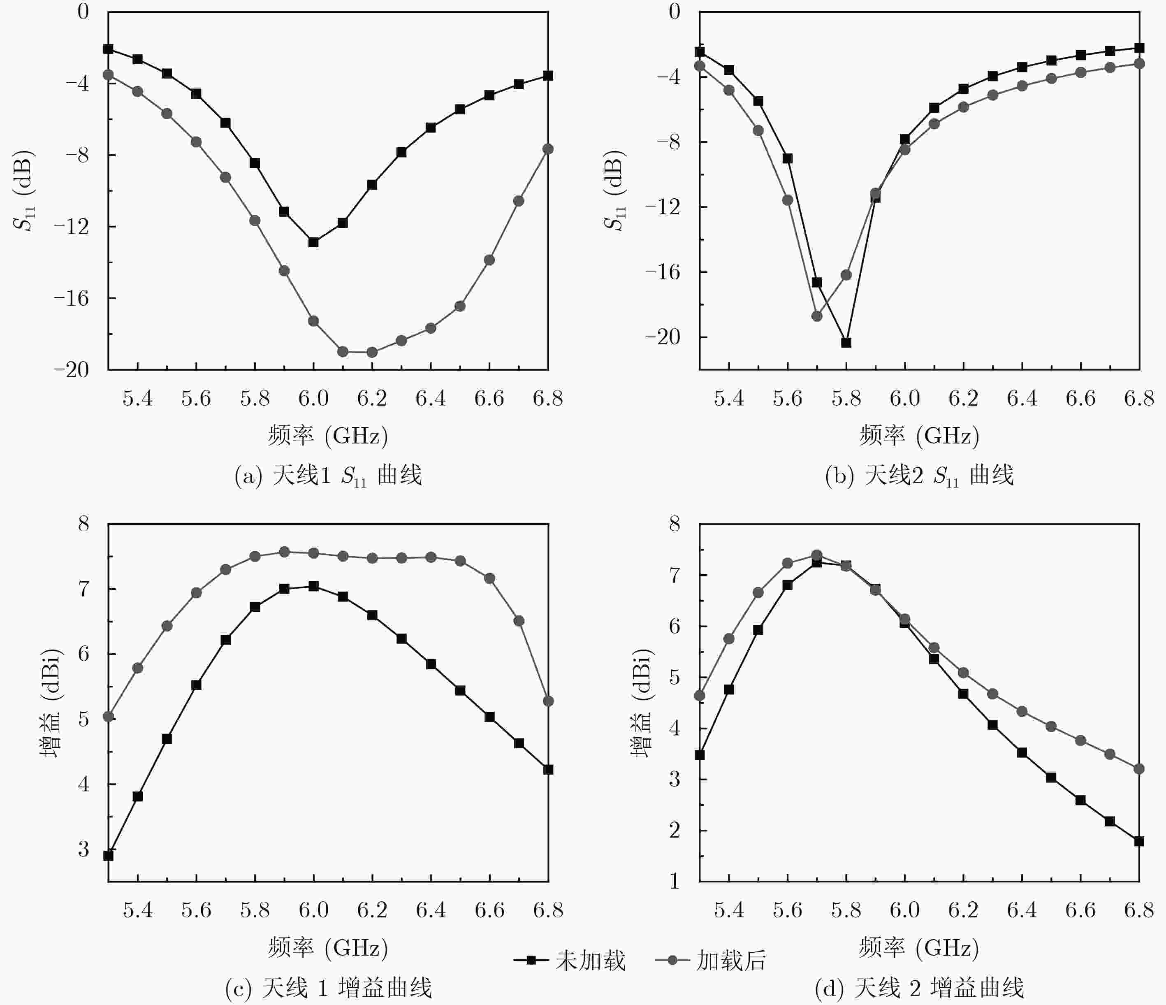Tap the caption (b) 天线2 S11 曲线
coord(919,476)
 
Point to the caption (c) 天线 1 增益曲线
coord(328,988)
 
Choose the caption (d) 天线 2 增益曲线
coord(919,988)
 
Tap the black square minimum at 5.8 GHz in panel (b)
coord(846,343)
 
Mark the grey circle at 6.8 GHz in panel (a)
coord(548,149)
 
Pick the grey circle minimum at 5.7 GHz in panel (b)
coord(816,316)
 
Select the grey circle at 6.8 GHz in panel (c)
coord(548,701)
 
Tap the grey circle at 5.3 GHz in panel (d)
coord(700,696)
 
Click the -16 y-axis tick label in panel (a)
coord(72,298)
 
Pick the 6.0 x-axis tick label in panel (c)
coord(313,910)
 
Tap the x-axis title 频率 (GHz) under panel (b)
coord(919,435)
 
